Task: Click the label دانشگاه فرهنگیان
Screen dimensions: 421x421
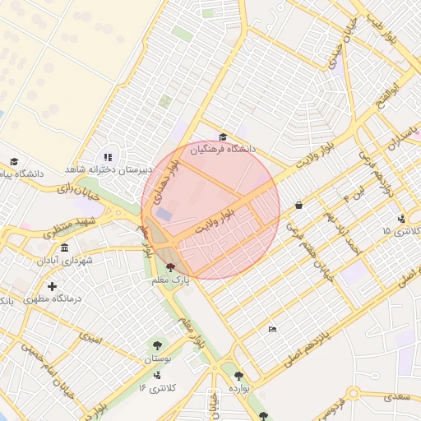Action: coord(224,150)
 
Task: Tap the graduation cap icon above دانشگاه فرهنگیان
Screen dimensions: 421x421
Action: coord(223,137)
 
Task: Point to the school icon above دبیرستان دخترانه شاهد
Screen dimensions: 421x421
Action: coord(107,157)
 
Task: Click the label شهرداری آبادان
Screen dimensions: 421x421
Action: coord(65,261)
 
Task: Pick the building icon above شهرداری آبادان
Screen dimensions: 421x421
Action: coord(65,248)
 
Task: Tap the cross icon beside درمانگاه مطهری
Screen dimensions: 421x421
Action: coord(53,286)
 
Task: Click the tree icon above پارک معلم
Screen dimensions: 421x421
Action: coord(170,267)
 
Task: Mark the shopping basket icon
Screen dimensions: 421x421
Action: coord(298,205)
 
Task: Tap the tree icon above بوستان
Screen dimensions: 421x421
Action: coord(156,346)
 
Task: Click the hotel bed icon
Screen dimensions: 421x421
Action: coord(272,330)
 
